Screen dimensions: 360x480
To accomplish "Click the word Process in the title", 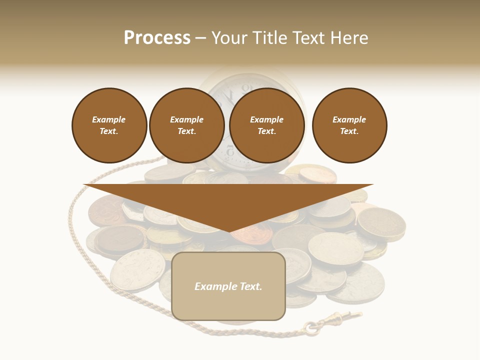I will (157, 38).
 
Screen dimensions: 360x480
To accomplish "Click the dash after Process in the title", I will (201, 38).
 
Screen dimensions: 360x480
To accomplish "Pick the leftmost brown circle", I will (109, 125).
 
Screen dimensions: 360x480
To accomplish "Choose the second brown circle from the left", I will (187, 125).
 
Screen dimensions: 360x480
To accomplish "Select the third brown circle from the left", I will (267, 125).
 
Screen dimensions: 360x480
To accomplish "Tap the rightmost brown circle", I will (349, 125).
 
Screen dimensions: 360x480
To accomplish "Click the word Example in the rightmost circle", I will (349, 119).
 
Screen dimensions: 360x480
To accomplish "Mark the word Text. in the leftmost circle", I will (109, 131).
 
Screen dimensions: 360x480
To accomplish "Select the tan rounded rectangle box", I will (228, 286).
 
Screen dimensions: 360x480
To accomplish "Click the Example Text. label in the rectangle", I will (228, 286).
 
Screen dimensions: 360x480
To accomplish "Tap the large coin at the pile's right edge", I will (381, 223).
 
